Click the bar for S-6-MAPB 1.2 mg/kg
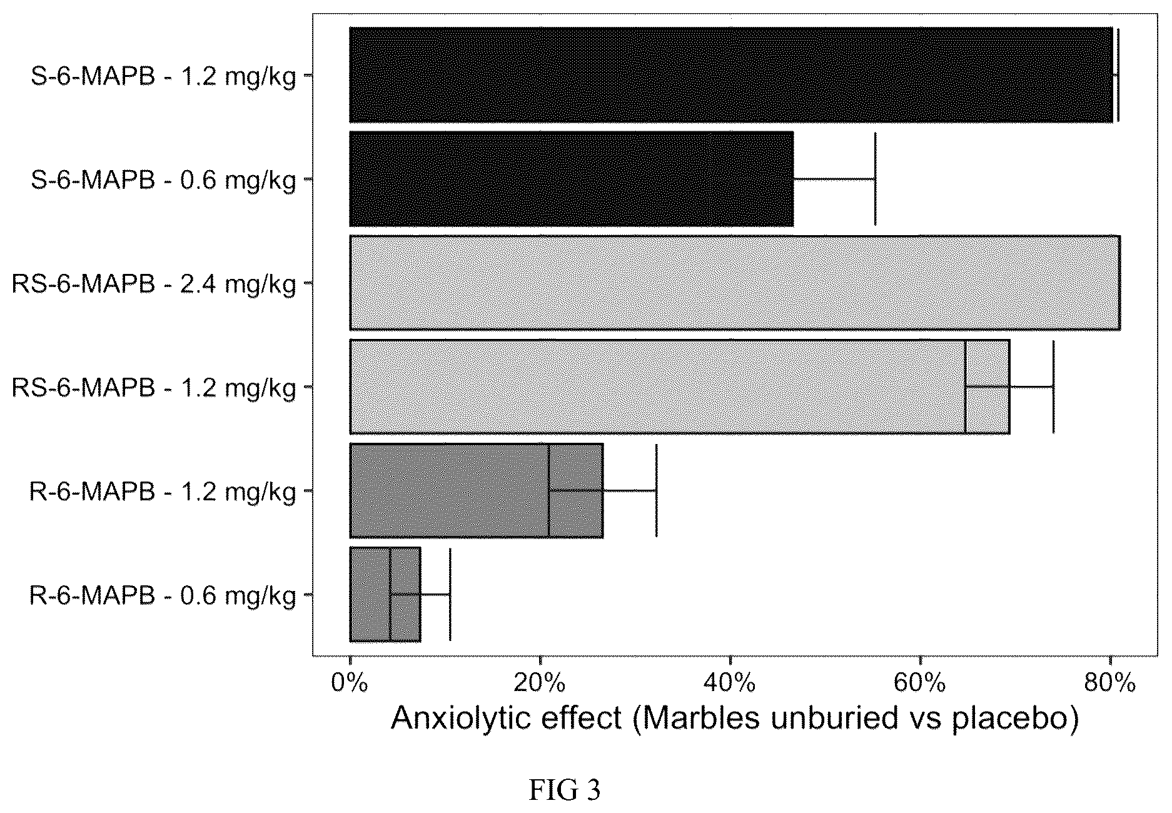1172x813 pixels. tap(731, 74)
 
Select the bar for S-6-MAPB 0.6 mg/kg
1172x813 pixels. tap(572, 179)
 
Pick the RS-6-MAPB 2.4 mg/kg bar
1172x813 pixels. tap(735, 283)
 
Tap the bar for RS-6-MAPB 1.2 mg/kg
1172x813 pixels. tap(680, 386)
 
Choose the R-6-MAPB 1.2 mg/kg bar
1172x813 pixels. tap(477, 490)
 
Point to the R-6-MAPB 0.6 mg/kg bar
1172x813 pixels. tap(385, 594)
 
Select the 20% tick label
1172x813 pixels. tap(539, 684)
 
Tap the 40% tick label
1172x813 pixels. tap(730, 684)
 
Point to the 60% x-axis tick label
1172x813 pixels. tap(920, 684)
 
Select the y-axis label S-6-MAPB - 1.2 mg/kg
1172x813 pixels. tap(163, 78)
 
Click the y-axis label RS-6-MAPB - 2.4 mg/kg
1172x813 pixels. tap(154, 285)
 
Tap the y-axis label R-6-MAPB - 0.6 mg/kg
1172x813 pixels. tap(163, 597)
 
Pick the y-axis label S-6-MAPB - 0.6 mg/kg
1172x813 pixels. tap(163, 181)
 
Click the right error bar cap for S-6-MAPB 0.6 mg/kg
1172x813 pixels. tap(875, 179)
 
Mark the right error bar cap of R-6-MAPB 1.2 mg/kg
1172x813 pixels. tap(656, 490)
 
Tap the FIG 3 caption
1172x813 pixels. tap(564, 790)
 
